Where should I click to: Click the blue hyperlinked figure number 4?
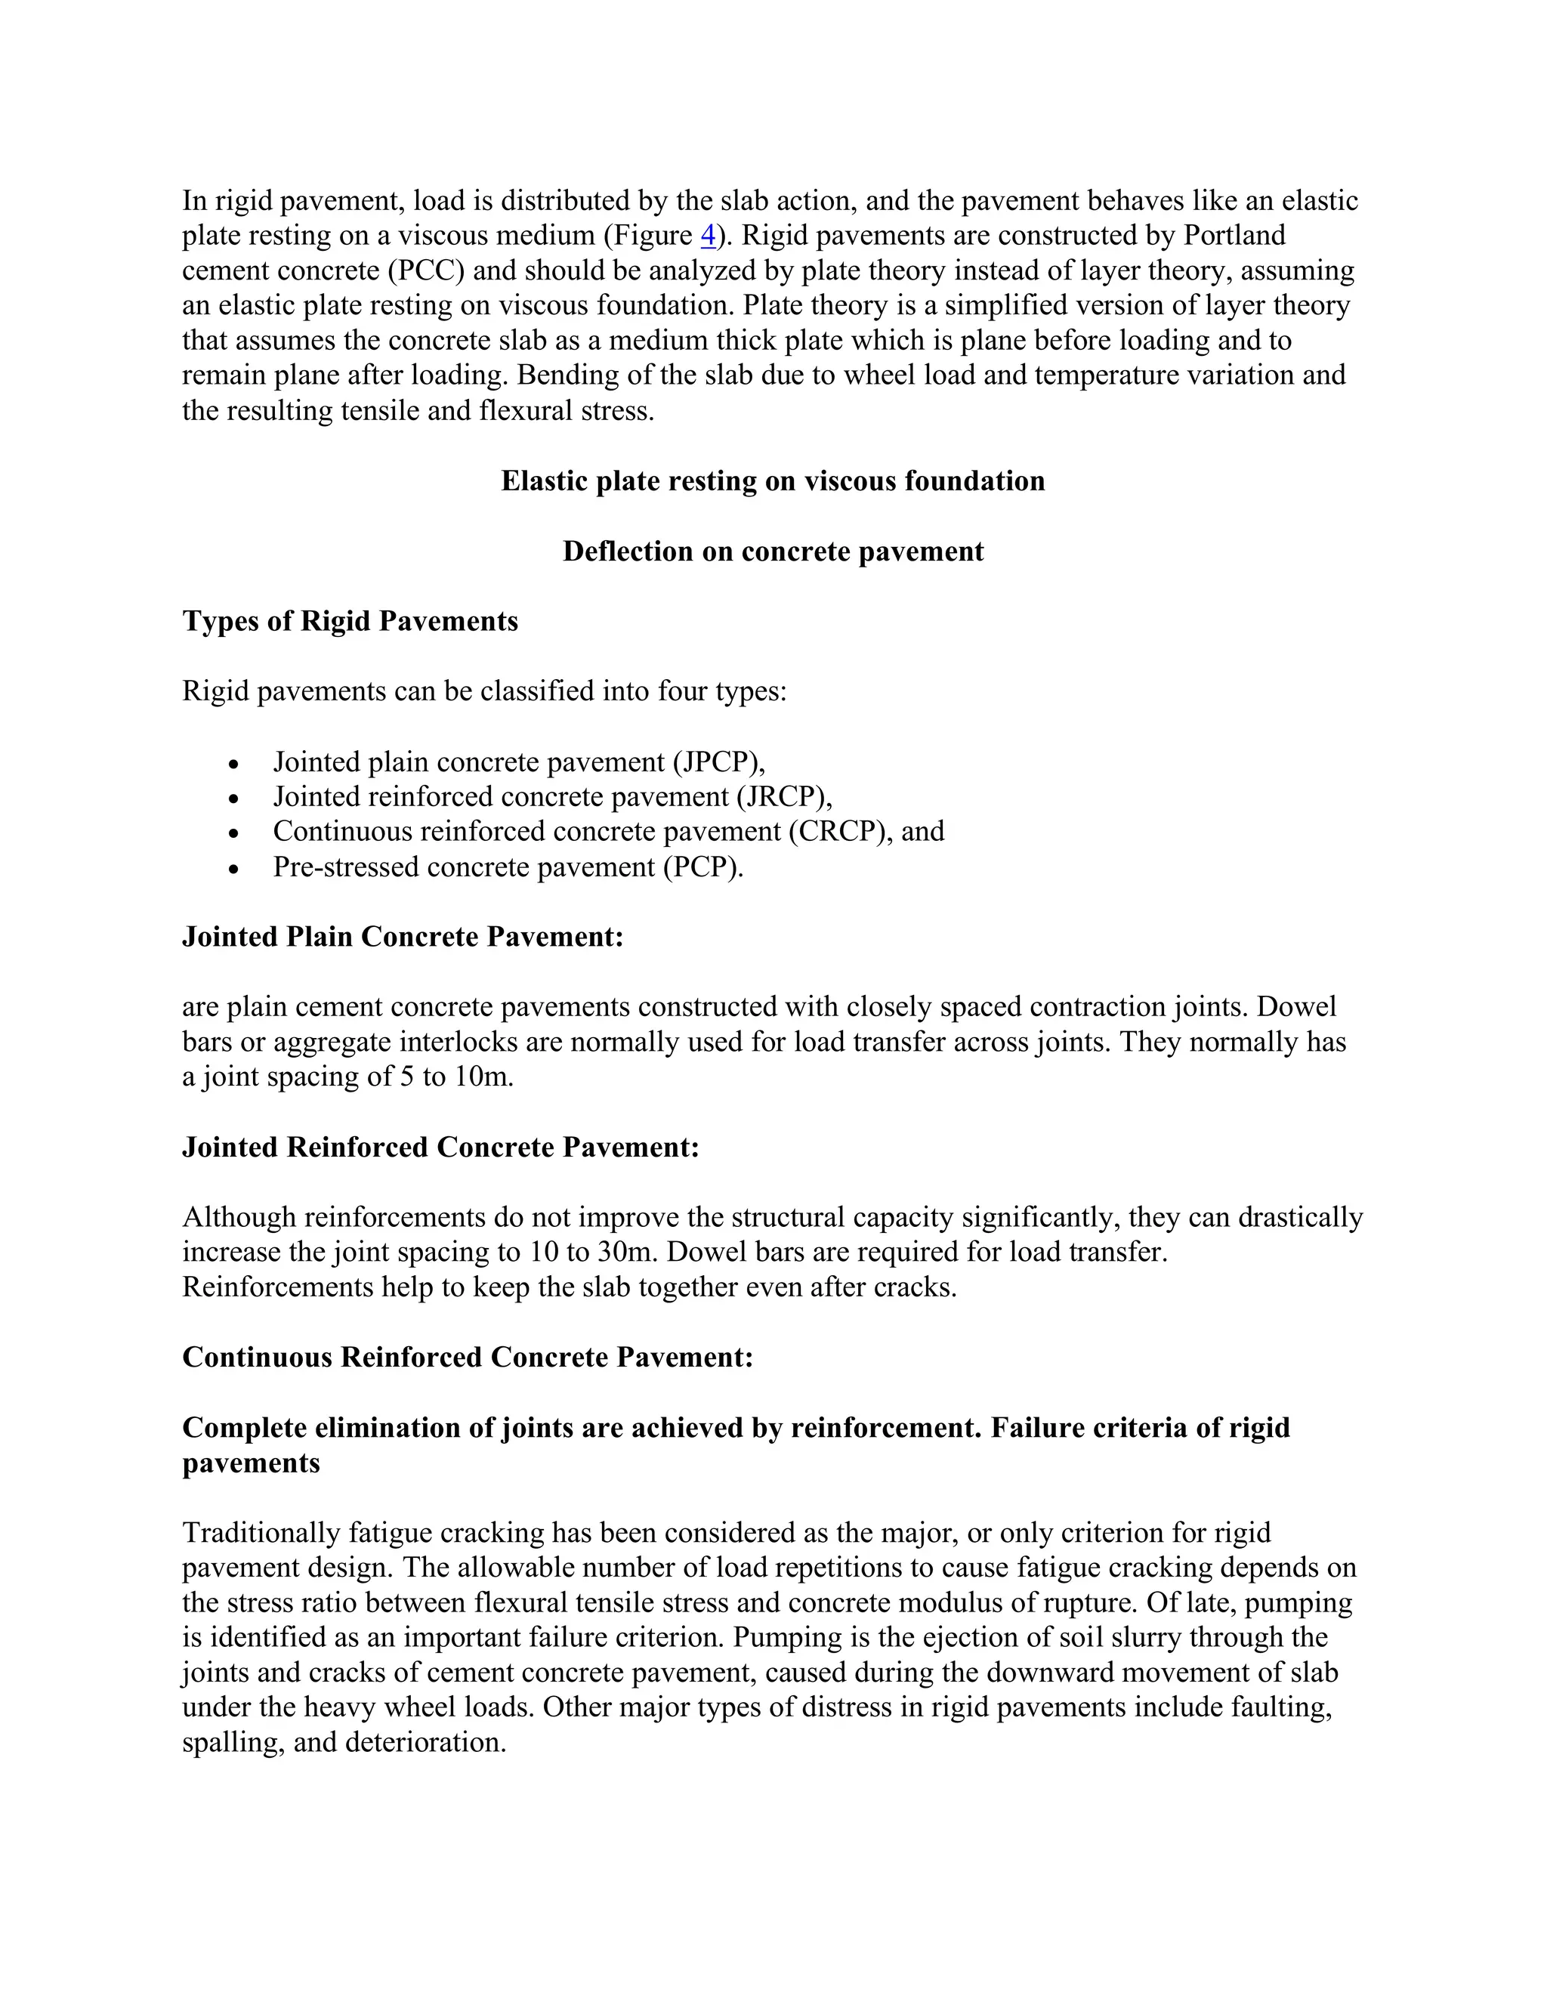click(708, 236)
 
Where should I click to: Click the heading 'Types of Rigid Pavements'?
click(350, 622)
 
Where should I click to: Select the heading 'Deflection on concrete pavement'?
click(773, 551)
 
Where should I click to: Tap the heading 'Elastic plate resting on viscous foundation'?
click(773, 482)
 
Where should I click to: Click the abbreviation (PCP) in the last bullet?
click(703, 867)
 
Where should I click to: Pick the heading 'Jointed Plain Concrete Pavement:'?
click(403, 937)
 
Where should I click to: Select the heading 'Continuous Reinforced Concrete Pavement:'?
click(468, 1358)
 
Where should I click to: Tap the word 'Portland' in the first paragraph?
click(1234, 236)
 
